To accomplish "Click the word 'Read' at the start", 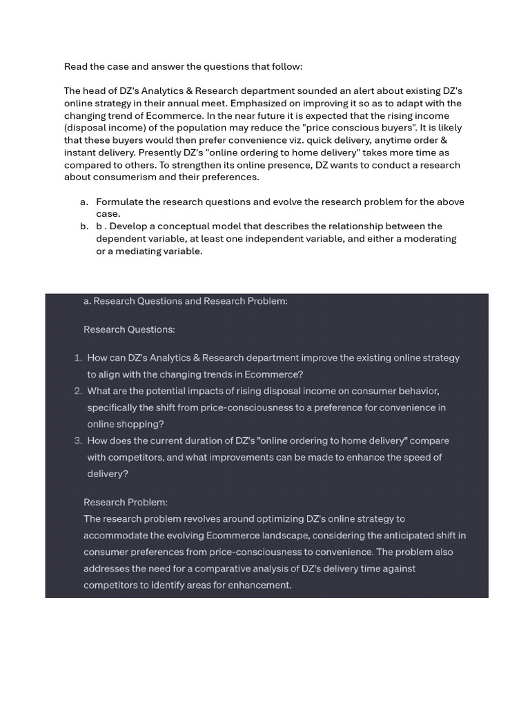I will point(76,67).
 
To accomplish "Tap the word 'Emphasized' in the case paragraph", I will point(261,104).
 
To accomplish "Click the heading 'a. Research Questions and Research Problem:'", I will point(185,302).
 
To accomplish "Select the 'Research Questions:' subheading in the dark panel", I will point(129,330).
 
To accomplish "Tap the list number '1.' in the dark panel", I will point(78,358).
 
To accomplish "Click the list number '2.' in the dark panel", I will point(78,391).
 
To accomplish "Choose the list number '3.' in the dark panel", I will point(78,441).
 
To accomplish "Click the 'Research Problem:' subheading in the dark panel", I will point(126,503).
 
